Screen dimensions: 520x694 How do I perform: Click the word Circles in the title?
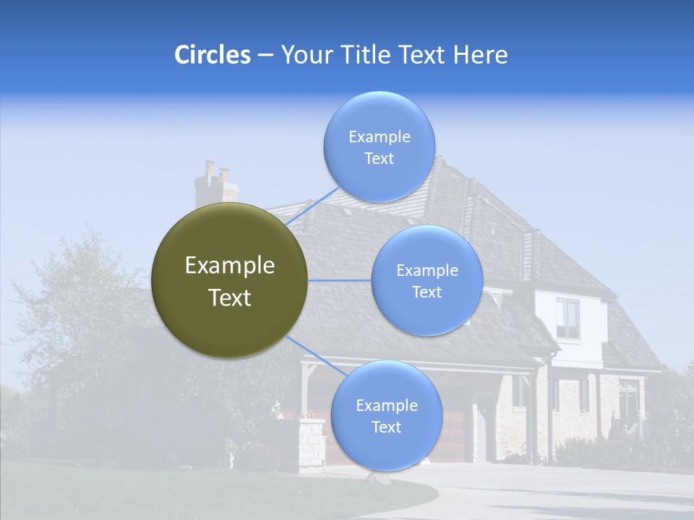[213, 55]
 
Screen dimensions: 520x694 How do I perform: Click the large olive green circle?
[230, 280]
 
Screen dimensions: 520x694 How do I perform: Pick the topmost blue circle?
[379, 147]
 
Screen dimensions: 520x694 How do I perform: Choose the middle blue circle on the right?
[427, 280]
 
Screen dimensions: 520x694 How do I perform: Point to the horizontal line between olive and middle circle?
[340, 280]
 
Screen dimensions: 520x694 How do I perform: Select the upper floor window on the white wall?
[567, 318]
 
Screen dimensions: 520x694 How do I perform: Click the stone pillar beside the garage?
[312, 444]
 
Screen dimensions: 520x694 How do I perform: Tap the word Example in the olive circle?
[230, 266]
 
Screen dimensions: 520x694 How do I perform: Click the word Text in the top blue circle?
[379, 159]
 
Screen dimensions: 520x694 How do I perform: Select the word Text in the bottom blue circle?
[386, 428]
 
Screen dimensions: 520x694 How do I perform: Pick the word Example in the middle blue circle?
[427, 271]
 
